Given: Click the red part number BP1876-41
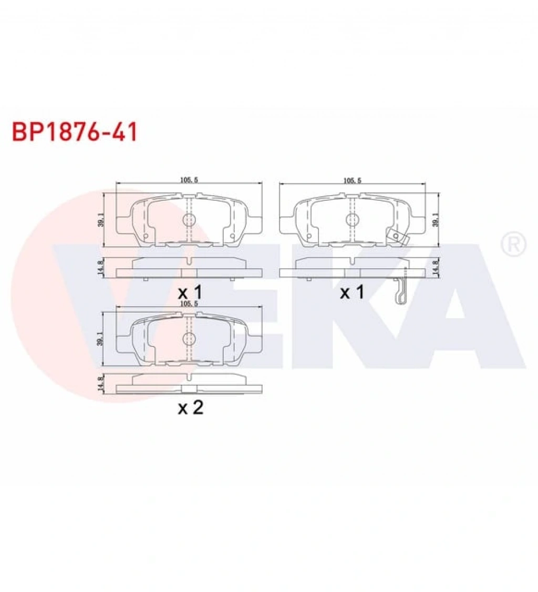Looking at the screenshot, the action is point(75,132).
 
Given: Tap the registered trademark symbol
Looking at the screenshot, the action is point(513,244).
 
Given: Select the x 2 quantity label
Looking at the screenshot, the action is point(191,407).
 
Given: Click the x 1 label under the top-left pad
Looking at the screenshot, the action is point(190,292).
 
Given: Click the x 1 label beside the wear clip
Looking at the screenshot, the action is point(352,292).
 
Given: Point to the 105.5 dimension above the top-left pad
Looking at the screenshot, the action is point(189,180).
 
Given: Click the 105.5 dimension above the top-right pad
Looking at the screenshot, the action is point(352,180).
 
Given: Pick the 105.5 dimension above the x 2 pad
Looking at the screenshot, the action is point(189,303).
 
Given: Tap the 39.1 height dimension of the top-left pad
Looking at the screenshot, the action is point(100,219).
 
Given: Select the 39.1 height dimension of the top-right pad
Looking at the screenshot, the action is point(436,219).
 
